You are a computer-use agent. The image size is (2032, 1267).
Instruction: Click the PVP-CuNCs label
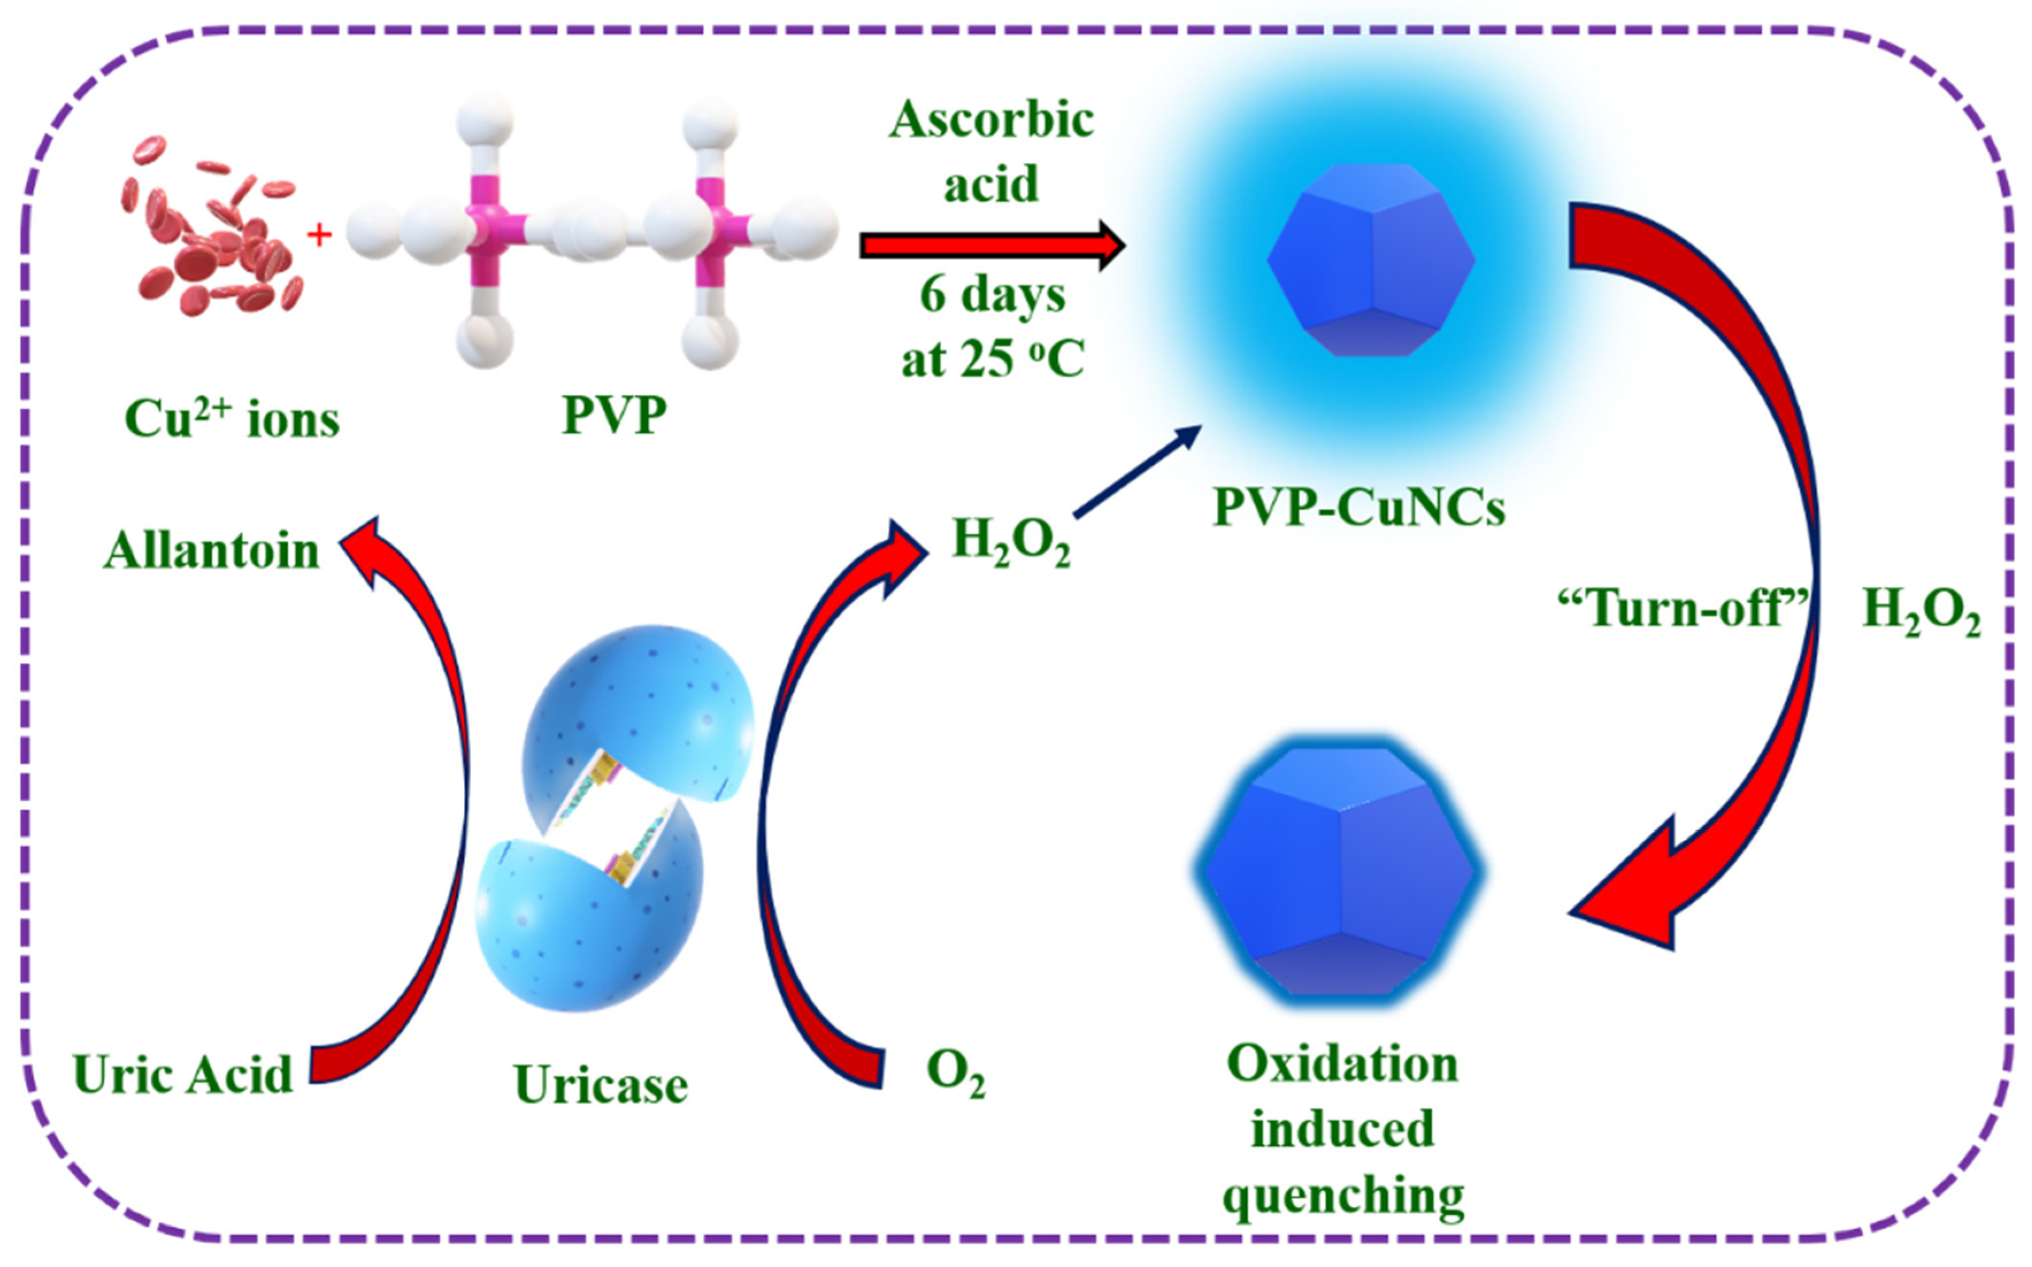click(x=1358, y=507)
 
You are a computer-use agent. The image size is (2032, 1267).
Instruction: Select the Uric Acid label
click(x=183, y=1074)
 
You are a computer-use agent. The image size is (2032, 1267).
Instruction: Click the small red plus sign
click(x=318, y=236)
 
